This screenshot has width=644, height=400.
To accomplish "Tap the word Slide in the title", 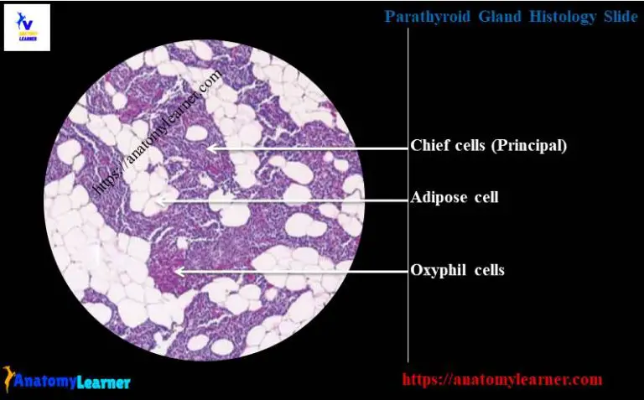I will point(621,16).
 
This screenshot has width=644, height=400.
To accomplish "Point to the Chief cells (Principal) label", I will point(488,146).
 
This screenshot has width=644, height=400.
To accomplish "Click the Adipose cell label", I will point(454,198).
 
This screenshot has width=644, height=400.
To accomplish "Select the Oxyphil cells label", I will point(457,270).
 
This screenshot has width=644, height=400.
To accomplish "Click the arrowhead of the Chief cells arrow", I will point(210,148).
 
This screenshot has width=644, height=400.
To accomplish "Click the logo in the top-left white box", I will point(27,28).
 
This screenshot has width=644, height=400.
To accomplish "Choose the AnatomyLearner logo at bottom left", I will point(67,381).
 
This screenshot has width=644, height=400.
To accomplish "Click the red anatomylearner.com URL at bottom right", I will point(501,379).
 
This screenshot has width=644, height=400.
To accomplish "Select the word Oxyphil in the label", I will point(439,270).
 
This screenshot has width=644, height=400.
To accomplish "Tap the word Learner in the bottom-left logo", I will point(102,382).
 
